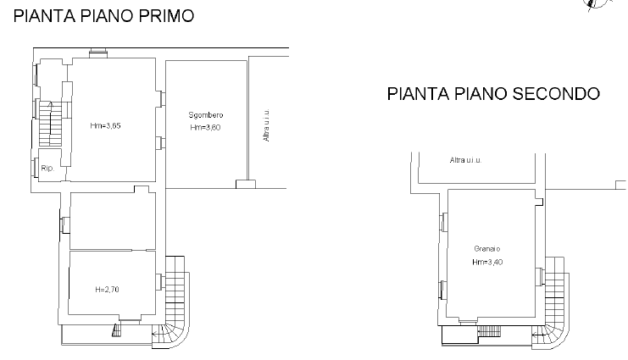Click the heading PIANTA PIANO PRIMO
103,16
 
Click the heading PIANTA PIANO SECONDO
493,94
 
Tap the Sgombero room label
206,115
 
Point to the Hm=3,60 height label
205,127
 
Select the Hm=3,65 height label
105,125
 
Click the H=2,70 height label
107,290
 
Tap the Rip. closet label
47,169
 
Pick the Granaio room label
487,249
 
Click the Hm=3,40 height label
487,262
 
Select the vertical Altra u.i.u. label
266,125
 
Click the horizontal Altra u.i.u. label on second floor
466,160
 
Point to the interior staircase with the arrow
51,124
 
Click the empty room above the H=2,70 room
113,221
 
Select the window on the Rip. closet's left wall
36,168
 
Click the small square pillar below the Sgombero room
246,184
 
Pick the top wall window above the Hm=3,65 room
98,53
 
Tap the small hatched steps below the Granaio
489,330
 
